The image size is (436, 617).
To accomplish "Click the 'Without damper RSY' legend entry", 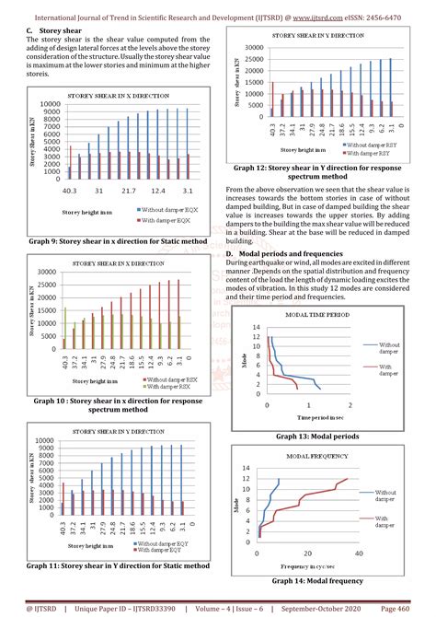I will click(372, 146).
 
